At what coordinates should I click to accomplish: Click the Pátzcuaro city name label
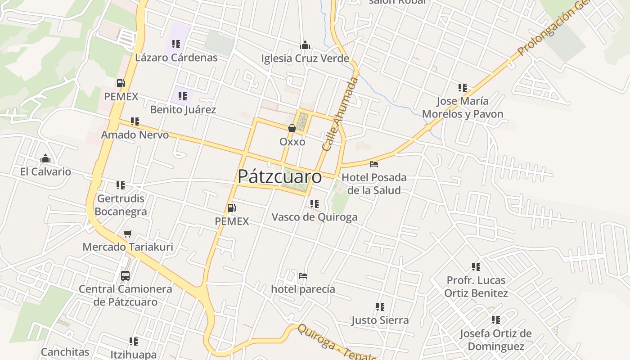[279, 176]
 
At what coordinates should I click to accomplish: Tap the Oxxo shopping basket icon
[292, 128]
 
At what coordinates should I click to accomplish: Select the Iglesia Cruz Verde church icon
[305, 45]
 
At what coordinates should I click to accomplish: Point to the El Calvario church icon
[45, 158]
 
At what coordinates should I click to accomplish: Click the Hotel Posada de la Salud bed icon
[374, 164]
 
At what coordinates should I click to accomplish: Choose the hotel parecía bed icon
[303, 275]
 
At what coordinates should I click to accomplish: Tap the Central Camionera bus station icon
[125, 275]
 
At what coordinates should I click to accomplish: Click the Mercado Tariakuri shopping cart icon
[128, 234]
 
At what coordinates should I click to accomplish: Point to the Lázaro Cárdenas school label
[176, 58]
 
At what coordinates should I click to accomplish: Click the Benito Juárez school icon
[182, 96]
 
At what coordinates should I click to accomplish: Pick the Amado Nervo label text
[135, 135]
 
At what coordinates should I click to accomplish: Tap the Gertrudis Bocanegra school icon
[121, 185]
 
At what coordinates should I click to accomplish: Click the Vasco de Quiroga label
[315, 217]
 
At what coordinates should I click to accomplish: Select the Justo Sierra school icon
[380, 307]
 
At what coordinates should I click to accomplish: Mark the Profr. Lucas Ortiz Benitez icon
[476, 267]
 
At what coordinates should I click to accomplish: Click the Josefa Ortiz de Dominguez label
[495, 340]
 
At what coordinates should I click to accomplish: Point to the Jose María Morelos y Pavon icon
[463, 87]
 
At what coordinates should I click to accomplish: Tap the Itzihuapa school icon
[134, 341]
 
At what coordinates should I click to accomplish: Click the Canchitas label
[65, 352]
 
